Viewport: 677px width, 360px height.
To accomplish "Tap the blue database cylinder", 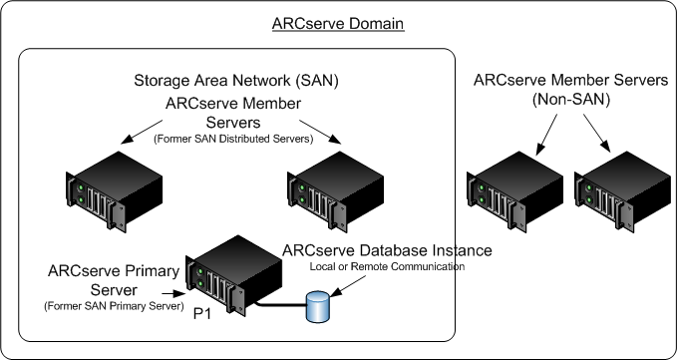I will pos(319,307).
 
